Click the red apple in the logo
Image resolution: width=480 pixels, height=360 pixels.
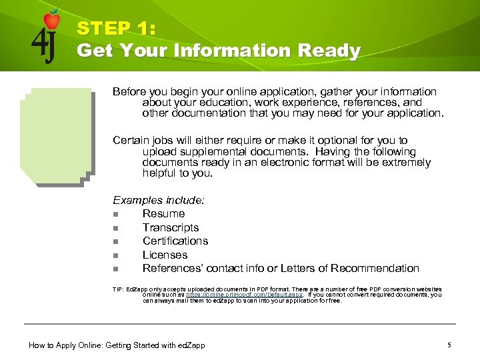point(52,20)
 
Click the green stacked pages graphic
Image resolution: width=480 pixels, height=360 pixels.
point(56,137)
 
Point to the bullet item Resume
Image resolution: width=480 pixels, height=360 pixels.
point(163,213)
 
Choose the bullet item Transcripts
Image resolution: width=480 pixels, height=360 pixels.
point(171,227)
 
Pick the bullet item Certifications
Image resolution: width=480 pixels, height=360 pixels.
point(175,241)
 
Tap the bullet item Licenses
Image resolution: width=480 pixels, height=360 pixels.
point(165,255)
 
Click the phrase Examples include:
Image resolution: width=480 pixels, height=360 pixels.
point(159,200)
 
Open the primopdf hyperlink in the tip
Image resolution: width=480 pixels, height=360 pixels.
point(244,295)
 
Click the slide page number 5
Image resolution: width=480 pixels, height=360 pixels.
point(449,345)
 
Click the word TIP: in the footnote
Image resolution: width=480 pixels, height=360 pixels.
point(119,289)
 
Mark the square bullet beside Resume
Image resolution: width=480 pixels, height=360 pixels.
point(115,214)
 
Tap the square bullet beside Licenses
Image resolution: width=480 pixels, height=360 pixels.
point(115,255)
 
